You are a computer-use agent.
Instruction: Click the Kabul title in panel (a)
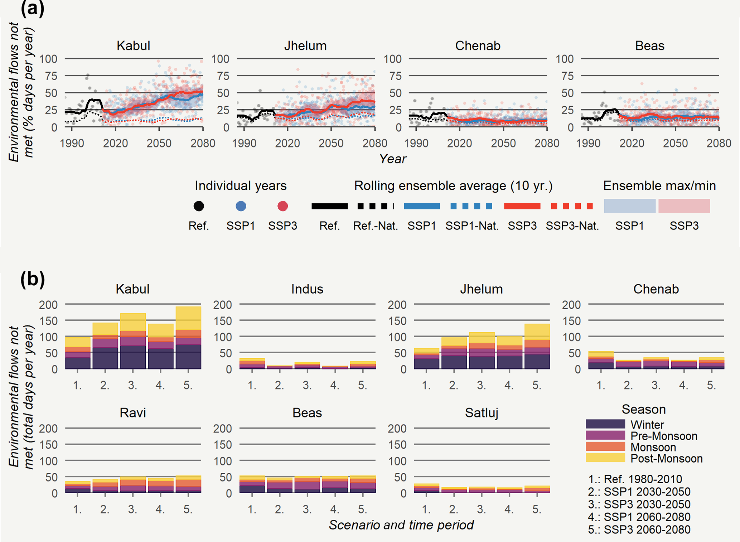point(133,46)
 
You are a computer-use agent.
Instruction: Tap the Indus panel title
point(307,289)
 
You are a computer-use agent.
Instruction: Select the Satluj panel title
point(482,413)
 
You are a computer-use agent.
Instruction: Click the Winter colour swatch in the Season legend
point(605,424)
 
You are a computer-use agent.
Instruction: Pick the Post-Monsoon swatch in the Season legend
point(605,458)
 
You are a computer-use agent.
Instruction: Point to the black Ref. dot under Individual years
point(199,206)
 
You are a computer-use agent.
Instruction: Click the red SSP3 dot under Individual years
point(283,206)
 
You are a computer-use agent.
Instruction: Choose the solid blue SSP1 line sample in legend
point(422,206)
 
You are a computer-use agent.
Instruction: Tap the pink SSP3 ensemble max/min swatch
point(684,206)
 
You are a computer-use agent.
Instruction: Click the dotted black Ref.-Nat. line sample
point(375,206)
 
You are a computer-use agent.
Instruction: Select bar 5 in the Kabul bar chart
point(188,338)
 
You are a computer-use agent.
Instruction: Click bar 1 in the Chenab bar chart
point(601,360)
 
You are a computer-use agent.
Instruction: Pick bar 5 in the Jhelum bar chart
point(537,346)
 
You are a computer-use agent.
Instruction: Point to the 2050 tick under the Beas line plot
point(676,144)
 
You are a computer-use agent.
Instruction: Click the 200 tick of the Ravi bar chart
point(48,428)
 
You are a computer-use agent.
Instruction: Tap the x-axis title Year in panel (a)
point(393,159)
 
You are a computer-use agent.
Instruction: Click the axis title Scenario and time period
point(401,525)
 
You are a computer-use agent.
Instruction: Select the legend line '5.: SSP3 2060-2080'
point(639,529)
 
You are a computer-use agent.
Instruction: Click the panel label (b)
point(33,280)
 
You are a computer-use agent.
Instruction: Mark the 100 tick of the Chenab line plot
point(392,59)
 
